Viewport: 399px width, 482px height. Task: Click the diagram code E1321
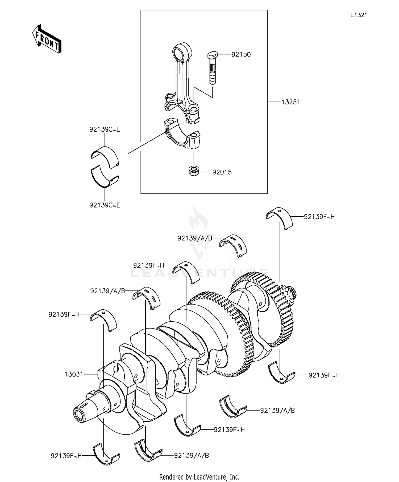[358, 15]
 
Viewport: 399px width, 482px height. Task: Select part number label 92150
[241, 54]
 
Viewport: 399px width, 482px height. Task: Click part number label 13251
[291, 102]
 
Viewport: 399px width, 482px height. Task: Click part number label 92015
[222, 172]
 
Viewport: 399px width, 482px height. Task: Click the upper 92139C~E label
[105, 129]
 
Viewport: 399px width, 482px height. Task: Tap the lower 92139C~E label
[105, 205]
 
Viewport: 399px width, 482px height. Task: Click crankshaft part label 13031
[74, 374]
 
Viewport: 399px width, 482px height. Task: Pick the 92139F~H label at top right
[319, 217]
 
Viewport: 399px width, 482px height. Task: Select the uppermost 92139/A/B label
[195, 238]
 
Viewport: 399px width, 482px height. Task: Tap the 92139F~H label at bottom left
[66, 456]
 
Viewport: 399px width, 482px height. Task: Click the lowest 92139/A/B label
[192, 456]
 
